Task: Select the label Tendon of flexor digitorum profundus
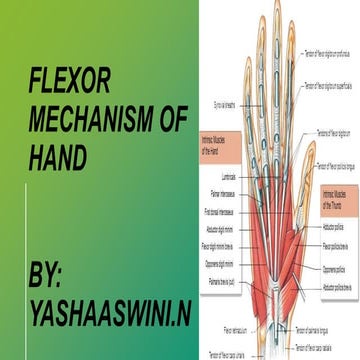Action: (331, 40)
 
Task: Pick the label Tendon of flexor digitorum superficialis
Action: (331, 86)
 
